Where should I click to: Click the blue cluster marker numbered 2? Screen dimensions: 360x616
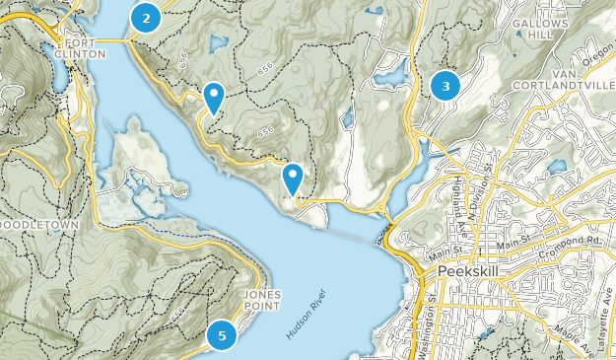146,17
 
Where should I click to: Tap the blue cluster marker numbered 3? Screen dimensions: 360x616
445,86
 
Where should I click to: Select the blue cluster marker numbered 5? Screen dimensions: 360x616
222,335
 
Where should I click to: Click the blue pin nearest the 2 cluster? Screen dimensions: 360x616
213,99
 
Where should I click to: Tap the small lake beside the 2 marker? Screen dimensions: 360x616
217,43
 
